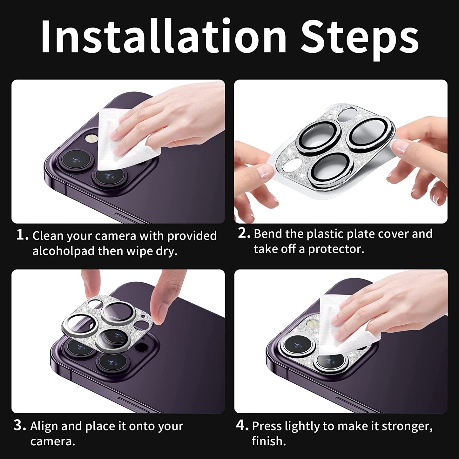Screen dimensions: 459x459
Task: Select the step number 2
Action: click(x=244, y=233)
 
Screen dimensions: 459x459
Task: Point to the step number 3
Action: click(x=19, y=426)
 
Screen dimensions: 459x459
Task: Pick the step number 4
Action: click(x=242, y=426)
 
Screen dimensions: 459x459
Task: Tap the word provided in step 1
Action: click(x=192, y=236)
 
